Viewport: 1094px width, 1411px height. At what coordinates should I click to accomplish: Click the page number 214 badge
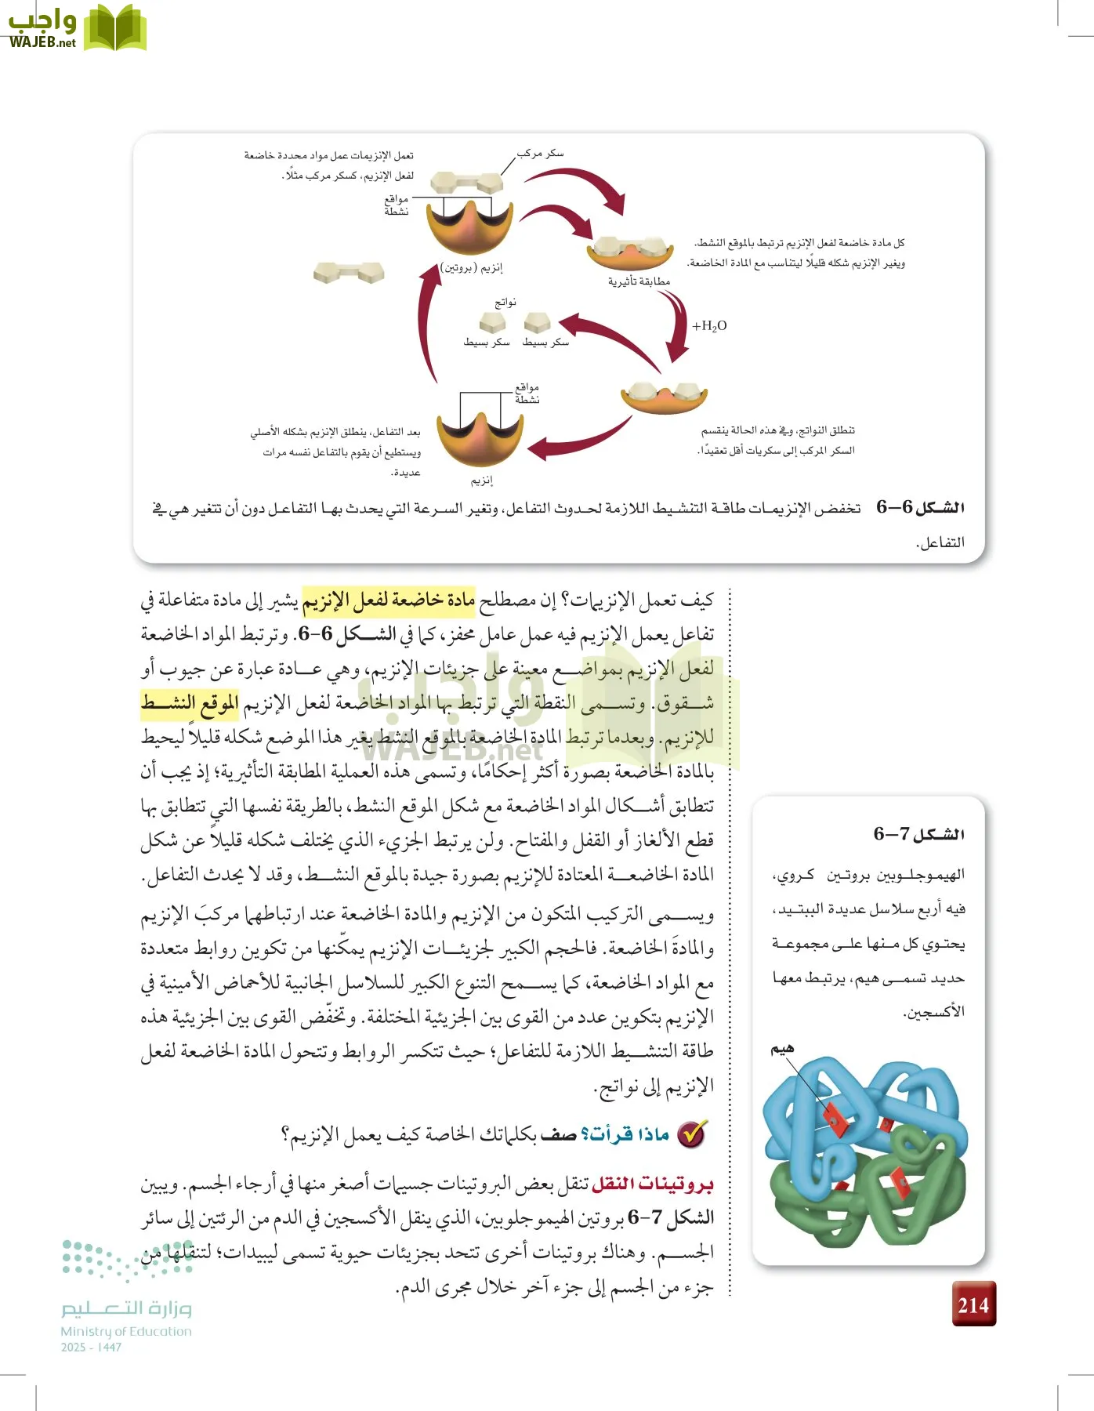(x=973, y=1304)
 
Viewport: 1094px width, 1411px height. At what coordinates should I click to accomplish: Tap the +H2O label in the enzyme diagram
(x=709, y=326)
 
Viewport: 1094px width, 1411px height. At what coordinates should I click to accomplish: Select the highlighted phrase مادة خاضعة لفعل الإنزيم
(x=389, y=600)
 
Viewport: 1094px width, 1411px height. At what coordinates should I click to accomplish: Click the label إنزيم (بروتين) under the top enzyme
(x=472, y=268)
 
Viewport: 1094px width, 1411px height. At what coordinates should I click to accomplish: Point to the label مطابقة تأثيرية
(x=639, y=281)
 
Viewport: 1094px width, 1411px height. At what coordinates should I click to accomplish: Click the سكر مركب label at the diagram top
(x=540, y=154)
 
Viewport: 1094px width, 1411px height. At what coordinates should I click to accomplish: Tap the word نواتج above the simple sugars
(x=505, y=303)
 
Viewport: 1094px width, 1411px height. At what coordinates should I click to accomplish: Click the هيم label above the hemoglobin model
(x=782, y=1049)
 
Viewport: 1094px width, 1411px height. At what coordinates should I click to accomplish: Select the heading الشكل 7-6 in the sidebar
(x=918, y=834)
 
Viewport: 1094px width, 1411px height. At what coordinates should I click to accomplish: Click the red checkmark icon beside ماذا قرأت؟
(x=691, y=1134)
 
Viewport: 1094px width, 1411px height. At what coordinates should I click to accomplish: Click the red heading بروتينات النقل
(x=652, y=1183)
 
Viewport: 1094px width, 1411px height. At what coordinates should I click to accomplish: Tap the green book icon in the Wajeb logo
(x=114, y=28)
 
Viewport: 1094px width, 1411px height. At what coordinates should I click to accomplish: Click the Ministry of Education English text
(x=125, y=1331)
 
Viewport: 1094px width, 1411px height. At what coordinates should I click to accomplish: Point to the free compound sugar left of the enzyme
(x=348, y=272)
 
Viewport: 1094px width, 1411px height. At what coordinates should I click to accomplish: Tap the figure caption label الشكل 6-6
(x=920, y=508)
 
